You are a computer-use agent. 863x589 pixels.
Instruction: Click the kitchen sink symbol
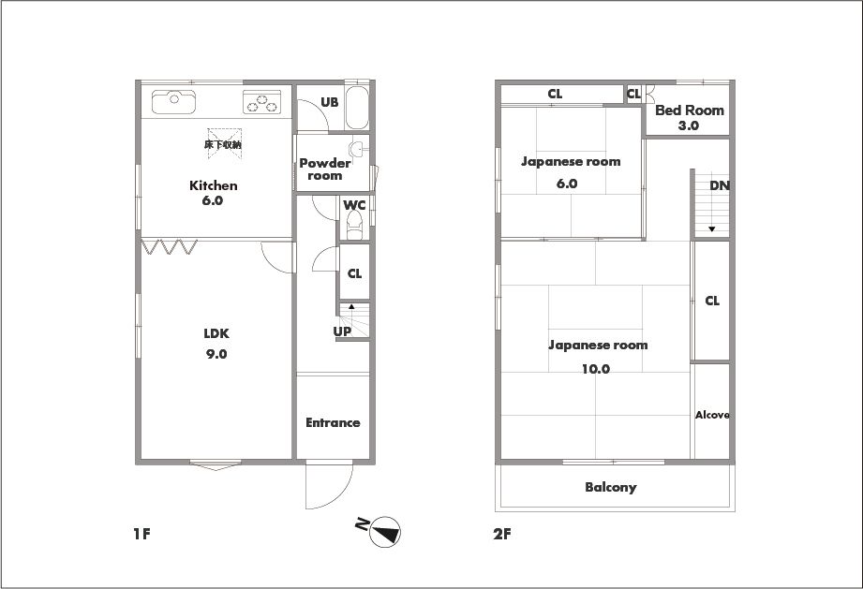pyautogui.click(x=174, y=101)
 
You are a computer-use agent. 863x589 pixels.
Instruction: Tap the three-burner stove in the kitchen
pyautogui.click(x=262, y=102)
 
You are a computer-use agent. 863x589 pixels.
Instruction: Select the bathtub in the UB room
pyautogui.click(x=357, y=108)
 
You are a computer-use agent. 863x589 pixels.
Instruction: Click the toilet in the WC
pyautogui.click(x=355, y=226)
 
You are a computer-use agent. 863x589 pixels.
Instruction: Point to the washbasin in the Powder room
pyautogui.click(x=357, y=148)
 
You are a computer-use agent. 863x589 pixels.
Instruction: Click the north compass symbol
pyautogui.click(x=384, y=532)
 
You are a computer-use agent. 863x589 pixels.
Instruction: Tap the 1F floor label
pyautogui.click(x=142, y=534)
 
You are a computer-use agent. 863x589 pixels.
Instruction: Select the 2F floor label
pyautogui.click(x=502, y=534)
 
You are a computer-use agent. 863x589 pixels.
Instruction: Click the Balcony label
pyautogui.click(x=611, y=487)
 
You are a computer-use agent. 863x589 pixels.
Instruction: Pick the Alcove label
pyautogui.click(x=712, y=415)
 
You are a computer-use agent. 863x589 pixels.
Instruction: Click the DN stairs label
pyautogui.click(x=720, y=185)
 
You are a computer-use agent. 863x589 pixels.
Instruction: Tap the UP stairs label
pyautogui.click(x=342, y=331)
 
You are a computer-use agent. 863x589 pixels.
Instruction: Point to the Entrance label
pyautogui.click(x=333, y=422)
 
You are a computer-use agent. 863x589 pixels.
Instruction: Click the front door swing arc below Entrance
pyautogui.click(x=341, y=497)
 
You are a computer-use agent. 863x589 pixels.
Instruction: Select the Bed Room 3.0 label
pyautogui.click(x=689, y=117)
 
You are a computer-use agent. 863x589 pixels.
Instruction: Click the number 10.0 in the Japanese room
pyautogui.click(x=596, y=369)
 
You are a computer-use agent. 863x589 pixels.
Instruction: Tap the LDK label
pyautogui.click(x=216, y=333)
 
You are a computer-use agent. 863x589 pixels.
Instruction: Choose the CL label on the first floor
pyautogui.click(x=355, y=273)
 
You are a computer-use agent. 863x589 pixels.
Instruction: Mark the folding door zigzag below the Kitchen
pyautogui.click(x=170, y=246)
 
